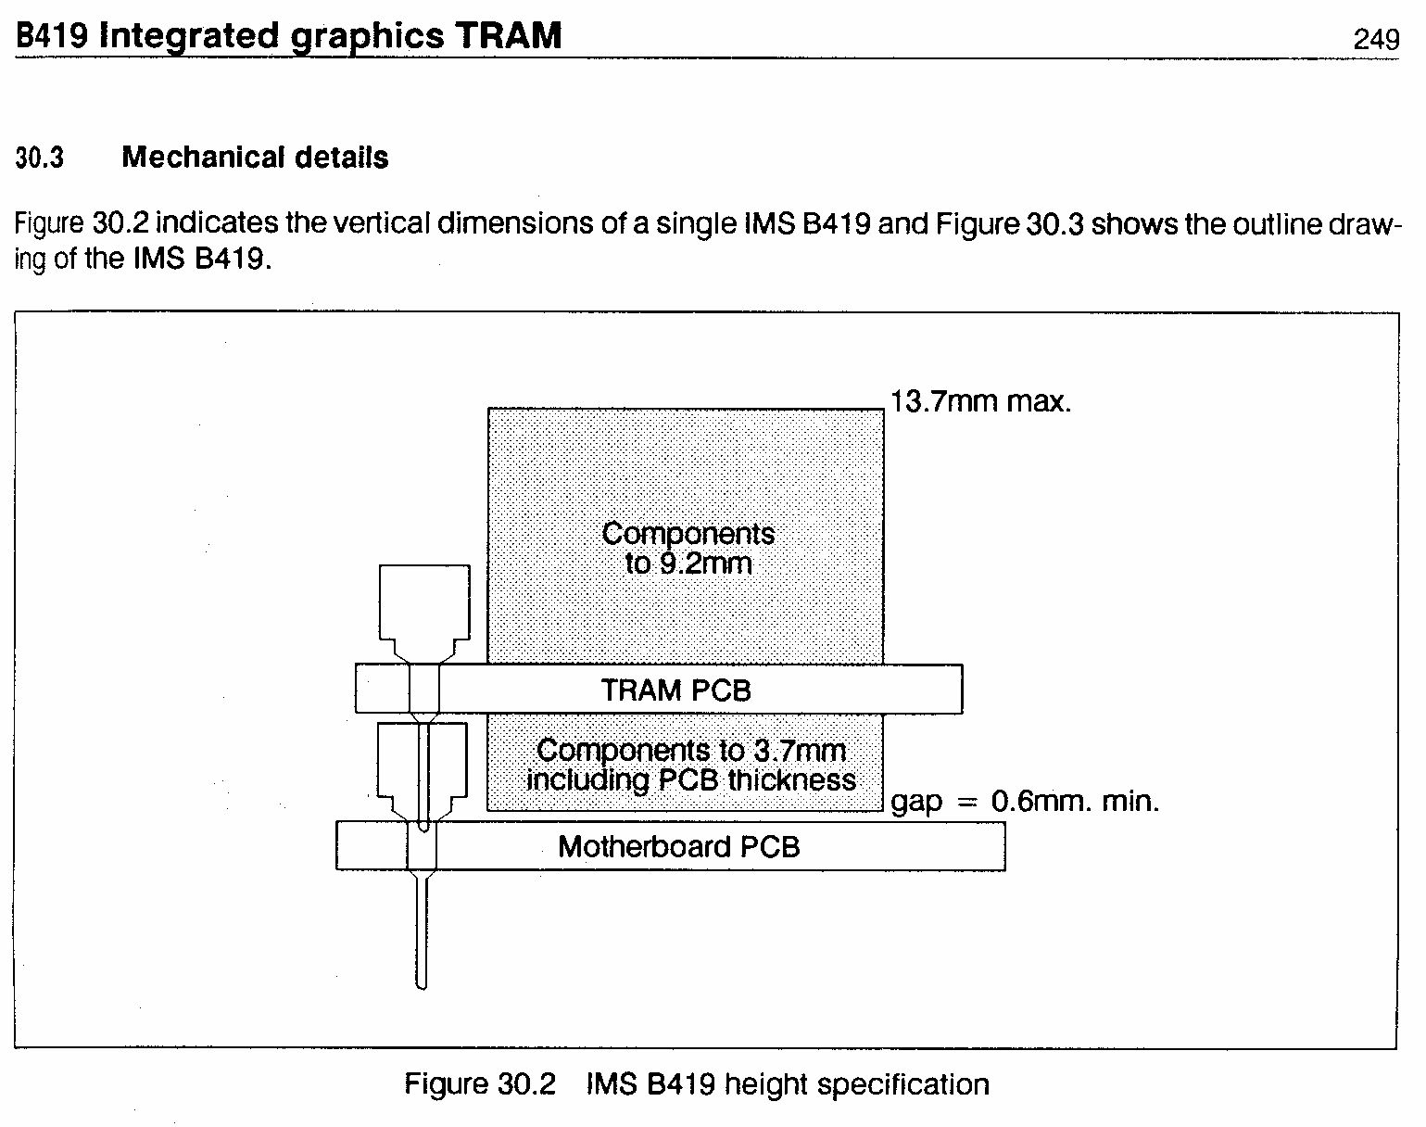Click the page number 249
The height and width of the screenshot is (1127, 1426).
(x=1376, y=39)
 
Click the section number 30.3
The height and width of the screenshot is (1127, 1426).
(x=40, y=158)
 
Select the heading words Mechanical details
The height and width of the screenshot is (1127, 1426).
(x=255, y=158)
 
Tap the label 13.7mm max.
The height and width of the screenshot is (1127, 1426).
(x=980, y=401)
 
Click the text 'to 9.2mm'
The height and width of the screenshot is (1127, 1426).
(x=688, y=563)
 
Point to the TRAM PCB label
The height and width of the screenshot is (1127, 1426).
(x=675, y=690)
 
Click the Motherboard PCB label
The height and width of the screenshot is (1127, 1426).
(x=679, y=846)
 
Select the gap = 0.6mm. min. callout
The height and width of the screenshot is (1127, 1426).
(x=1025, y=803)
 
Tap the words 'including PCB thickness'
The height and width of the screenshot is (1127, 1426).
(x=691, y=780)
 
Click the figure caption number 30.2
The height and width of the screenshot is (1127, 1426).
(x=526, y=1084)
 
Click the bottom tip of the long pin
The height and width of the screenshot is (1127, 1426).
(x=422, y=989)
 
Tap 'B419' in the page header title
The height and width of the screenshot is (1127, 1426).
(x=52, y=35)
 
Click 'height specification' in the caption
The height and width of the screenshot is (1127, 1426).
(x=857, y=1085)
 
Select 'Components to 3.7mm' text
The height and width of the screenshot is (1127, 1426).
(x=691, y=751)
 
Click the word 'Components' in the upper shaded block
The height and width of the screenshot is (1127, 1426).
(x=688, y=535)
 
